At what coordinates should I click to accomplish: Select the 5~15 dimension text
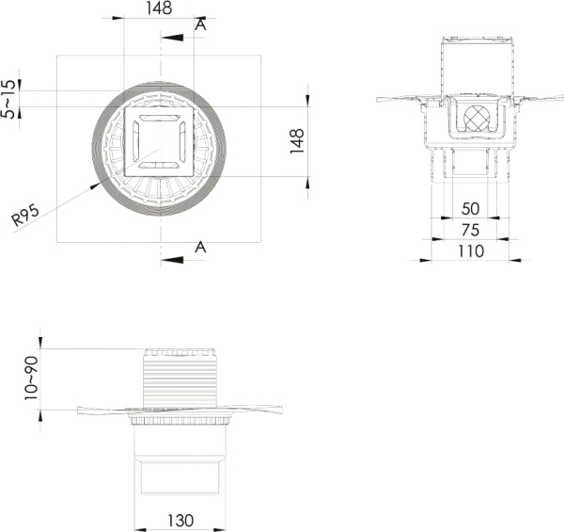pyautogui.click(x=8, y=99)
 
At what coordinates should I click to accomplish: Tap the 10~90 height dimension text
pyautogui.click(x=31, y=379)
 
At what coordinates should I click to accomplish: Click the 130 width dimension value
pyautogui.click(x=180, y=521)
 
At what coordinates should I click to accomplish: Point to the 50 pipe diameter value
pyautogui.click(x=471, y=208)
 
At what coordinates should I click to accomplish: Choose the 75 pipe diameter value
pyautogui.click(x=471, y=230)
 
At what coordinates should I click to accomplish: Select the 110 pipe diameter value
pyautogui.click(x=471, y=251)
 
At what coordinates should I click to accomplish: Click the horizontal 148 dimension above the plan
pyautogui.click(x=159, y=8)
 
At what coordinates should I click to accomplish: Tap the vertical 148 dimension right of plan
pyautogui.click(x=297, y=141)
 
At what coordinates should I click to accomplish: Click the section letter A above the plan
pyautogui.click(x=201, y=24)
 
